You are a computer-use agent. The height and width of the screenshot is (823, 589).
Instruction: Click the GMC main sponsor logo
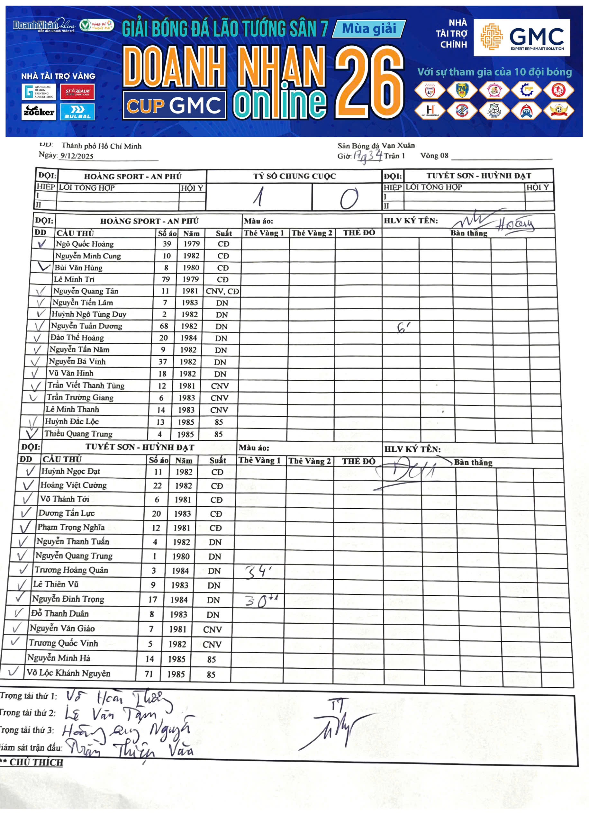[521, 37]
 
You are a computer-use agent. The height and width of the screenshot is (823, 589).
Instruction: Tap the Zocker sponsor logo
[39, 112]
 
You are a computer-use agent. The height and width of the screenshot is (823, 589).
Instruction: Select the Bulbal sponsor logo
[77, 112]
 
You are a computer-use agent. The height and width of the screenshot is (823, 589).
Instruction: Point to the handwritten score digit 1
[258, 198]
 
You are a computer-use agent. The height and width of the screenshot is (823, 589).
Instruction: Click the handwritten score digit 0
[349, 198]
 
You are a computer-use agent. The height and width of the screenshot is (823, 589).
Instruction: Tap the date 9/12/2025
[77, 156]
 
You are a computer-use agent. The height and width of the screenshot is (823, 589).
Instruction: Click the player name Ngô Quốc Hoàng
[85, 244]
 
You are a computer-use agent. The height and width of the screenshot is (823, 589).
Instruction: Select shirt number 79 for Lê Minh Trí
[166, 279]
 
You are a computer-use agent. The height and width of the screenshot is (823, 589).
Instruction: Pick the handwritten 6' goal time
[403, 328]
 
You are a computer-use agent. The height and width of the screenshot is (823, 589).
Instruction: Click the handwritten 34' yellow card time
[258, 572]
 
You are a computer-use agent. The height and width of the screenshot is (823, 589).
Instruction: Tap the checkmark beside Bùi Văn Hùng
[43, 267]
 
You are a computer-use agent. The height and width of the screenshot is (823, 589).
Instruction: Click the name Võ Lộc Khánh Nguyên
[68, 673]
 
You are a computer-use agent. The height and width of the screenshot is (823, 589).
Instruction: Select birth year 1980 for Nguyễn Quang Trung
[181, 556]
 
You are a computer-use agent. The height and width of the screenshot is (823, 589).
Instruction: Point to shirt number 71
[149, 674]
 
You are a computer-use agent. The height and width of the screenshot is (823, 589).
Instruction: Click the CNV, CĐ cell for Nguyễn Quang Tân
[222, 291]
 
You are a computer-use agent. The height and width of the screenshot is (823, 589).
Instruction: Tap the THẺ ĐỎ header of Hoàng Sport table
[359, 233]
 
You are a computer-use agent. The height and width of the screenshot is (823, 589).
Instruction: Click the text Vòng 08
[434, 156]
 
